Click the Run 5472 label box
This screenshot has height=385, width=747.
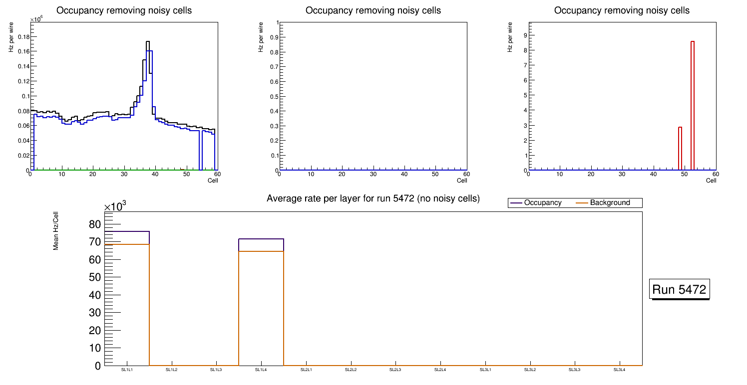(x=680, y=289)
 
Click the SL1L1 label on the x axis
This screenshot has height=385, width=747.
(x=127, y=370)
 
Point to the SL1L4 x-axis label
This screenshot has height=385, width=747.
(x=261, y=370)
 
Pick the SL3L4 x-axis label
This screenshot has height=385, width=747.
(x=619, y=370)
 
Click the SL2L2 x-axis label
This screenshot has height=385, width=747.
(x=351, y=370)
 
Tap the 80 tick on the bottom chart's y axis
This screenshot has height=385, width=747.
(x=95, y=224)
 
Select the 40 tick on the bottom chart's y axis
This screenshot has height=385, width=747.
(x=95, y=295)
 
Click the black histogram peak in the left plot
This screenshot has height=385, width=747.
(x=148, y=42)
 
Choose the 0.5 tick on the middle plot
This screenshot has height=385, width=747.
(x=273, y=96)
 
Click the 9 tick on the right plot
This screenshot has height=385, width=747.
(x=525, y=35)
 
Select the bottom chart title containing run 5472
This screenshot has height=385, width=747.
(x=373, y=198)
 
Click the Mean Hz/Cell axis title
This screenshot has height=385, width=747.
(x=56, y=231)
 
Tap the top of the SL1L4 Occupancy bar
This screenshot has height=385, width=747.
(x=261, y=239)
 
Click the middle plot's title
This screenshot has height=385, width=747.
(x=373, y=10)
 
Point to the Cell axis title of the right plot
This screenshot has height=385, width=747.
(x=711, y=181)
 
